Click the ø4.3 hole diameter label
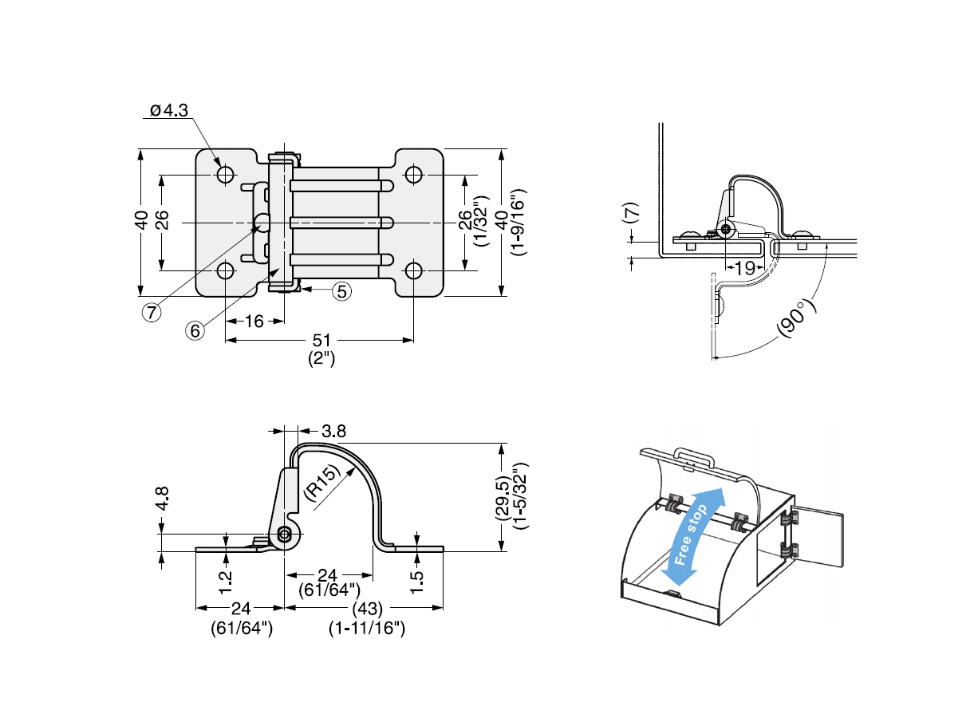[x=168, y=110]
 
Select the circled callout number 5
[x=341, y=290]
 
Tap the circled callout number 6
[x=195, y=329]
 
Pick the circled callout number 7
[x=151, y=311]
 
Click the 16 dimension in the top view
[x=254, y=322]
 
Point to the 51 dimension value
[x=321, y=341]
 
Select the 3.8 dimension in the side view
[x=333, y=431]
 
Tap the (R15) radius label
[x=323, y=482]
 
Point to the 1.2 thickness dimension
[x=227, y=581]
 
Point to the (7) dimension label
[x=630, y=213]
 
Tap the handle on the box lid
[x=694, y=457]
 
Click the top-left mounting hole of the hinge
[x=225, y=175]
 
